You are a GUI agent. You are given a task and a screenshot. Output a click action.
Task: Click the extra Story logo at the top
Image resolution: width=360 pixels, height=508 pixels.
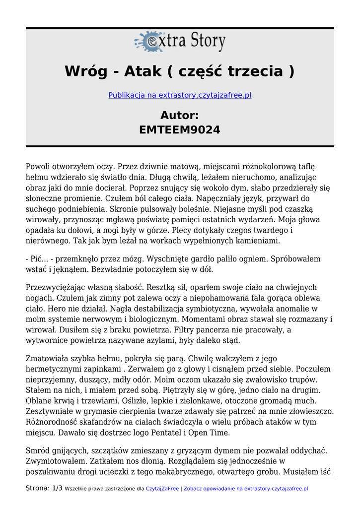point(180,42)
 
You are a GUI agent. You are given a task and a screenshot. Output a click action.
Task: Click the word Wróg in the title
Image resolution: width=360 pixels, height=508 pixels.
point(85,71)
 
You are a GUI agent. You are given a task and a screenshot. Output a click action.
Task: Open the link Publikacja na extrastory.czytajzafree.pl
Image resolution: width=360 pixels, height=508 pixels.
point(180,95)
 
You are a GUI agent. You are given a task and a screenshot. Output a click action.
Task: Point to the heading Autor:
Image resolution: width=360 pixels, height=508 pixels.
point(180,116)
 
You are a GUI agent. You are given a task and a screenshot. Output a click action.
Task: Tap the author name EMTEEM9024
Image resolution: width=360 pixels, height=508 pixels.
point(180,130)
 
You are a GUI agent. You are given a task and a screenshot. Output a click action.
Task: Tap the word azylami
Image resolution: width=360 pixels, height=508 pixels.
point(199,341)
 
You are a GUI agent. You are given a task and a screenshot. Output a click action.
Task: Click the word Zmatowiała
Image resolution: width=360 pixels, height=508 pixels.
point(48,359)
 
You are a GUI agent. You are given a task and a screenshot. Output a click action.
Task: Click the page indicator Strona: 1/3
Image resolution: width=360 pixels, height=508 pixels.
point(44,489)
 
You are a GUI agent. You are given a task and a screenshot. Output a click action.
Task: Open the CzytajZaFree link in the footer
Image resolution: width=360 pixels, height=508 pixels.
point(162,489)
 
